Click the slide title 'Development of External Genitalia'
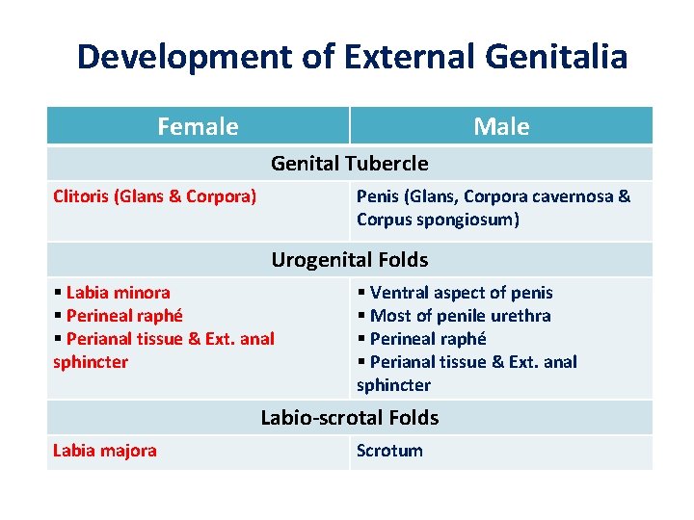[x=352, y=57]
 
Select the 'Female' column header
[x=198, y=126]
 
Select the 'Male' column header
[x=501, y=126]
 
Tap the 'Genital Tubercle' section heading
[x=349, y=164]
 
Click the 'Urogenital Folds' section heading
[x=349, y=260]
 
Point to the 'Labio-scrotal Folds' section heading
[x=349, y=418]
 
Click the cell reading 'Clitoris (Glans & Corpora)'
[x=154, y=196]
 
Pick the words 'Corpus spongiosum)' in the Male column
[x=438, y=220]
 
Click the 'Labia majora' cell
[x=104, y=451]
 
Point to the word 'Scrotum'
[x=389, y=451]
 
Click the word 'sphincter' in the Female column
[x=91, y=362]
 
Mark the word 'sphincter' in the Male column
[x=393, y=385]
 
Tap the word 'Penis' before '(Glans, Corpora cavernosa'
[x=378, y=196]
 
